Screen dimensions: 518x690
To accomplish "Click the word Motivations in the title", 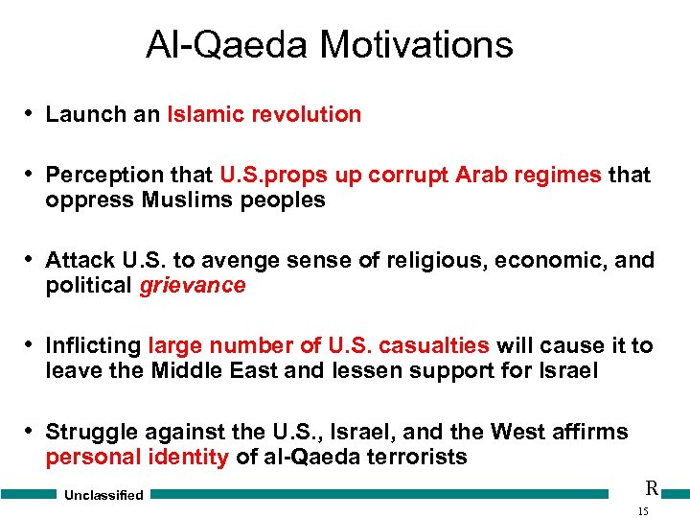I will coord(416,44).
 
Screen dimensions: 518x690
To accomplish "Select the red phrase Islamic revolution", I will coord(264,114).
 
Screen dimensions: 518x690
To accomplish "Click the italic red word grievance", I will coord(192,285).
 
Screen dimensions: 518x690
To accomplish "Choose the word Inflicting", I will coord(93,345).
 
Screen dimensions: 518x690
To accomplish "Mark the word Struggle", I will coord(91,432).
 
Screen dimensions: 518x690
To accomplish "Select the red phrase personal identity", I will coord(137,457).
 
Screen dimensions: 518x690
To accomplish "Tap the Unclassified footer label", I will coord(103,495).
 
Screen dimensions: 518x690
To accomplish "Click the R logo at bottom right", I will coord(651,487).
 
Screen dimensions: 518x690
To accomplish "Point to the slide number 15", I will coord(642,511).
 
